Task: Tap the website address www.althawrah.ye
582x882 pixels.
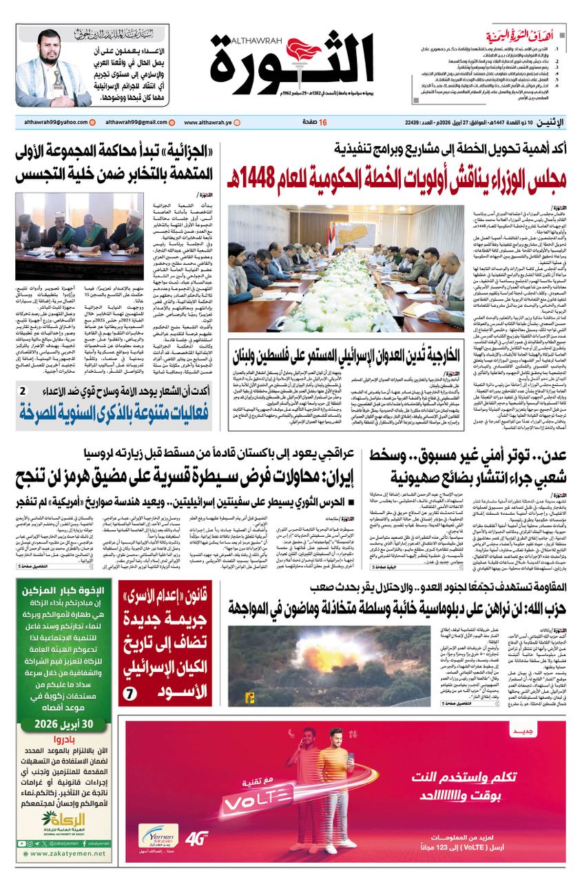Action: coord(209,123)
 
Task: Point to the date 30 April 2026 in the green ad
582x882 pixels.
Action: coord(63,724)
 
